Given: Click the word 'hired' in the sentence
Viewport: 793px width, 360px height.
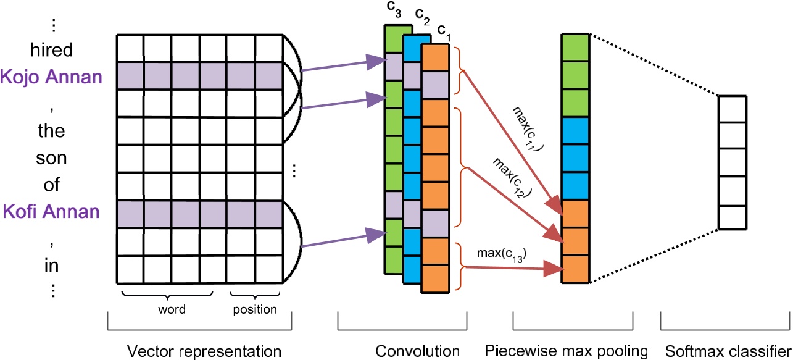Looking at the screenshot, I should (52, 49).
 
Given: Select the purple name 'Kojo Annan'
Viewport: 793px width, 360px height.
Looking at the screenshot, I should (51, 77).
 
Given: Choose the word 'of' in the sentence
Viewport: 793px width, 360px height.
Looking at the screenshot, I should (52, 185).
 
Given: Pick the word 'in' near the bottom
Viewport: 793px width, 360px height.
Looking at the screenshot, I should (52, 266).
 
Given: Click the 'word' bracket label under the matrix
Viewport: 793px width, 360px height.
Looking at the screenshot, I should (172, 309).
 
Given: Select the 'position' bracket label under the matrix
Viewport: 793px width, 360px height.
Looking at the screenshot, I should (255, 309).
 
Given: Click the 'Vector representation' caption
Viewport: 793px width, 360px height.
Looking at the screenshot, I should (204, 351).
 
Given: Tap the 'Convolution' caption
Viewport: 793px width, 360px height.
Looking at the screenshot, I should (418, 351).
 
